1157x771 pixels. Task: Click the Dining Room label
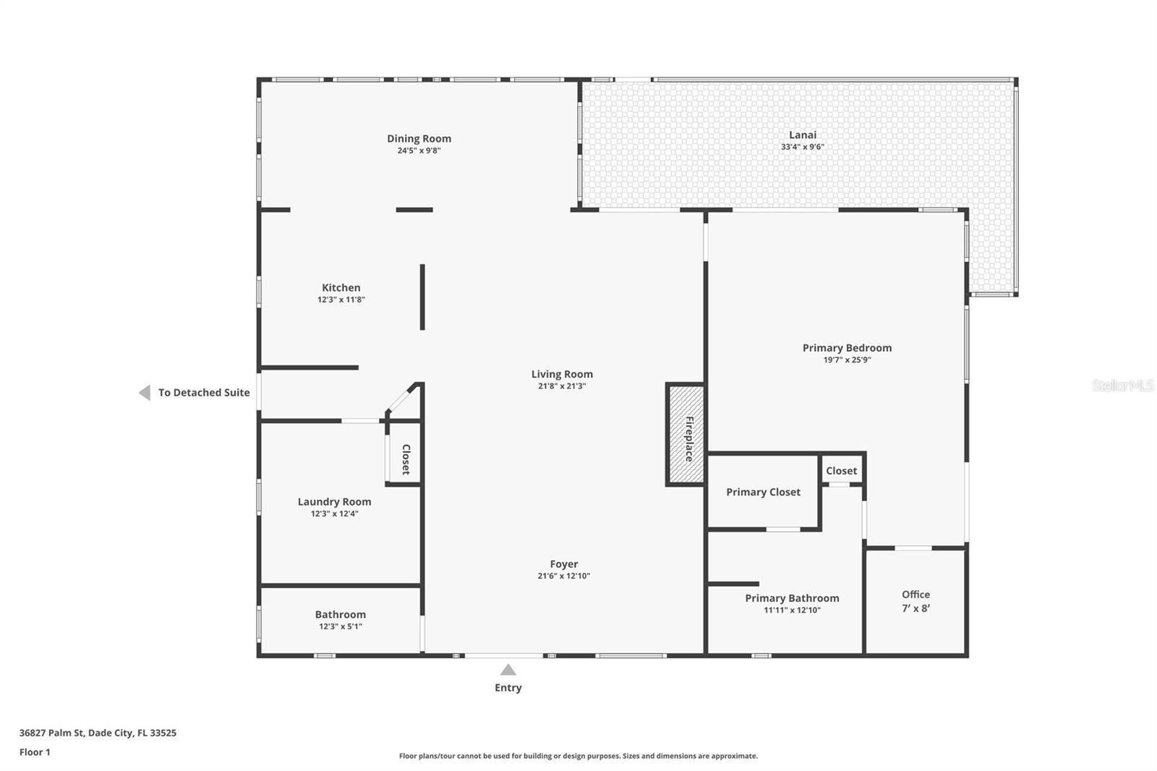pos(419,138)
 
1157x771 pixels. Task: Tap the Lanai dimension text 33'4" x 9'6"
pos(802,147)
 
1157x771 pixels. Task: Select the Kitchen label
pos(341,287)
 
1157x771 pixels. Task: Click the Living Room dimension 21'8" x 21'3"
pos(562,386)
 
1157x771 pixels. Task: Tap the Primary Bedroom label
pos(847,348)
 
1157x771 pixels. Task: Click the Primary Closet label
pos(763,492)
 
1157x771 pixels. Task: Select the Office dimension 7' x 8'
pos(915,608)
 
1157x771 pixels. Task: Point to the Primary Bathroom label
pos(792,598)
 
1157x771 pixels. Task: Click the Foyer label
pos(563,563)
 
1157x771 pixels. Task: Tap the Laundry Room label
pos(334,501)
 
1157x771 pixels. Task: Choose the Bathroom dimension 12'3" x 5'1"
pos(341,626)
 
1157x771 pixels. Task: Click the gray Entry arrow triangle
pos(508,670)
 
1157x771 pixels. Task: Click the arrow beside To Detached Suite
pos(145,392)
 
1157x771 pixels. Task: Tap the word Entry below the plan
pos(508,688)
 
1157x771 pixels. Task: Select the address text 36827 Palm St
pos(51,733)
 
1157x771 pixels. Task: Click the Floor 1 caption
pos(35,752)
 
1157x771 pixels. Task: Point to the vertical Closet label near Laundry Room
pos(406,459)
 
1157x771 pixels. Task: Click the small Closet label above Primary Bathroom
pos(842,471)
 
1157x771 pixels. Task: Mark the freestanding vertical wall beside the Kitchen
pos(422,297)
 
